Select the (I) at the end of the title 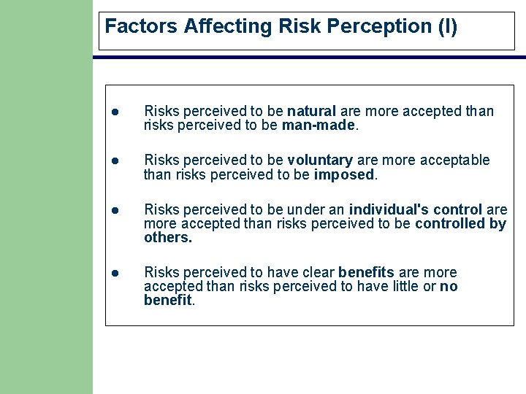446,27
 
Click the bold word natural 311,112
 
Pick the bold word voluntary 320,160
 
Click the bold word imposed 343,174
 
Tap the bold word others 168,237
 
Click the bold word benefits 366,272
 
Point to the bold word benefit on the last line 167,300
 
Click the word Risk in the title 301,27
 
